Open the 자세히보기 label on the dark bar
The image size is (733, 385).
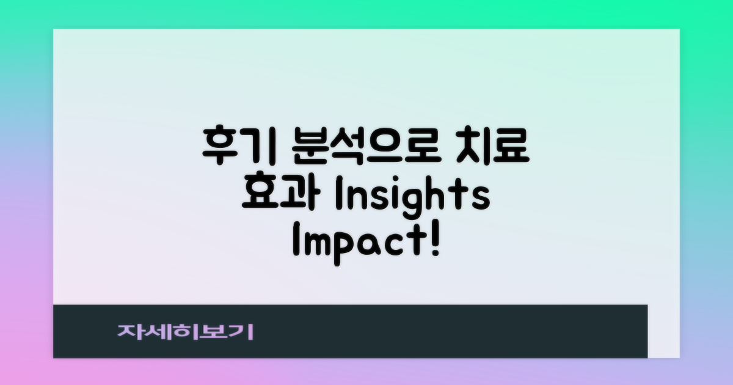[x=186, y=331]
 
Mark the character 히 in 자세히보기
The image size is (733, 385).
[x=186, y=331]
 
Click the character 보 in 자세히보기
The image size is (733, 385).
[x=214, y=331]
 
